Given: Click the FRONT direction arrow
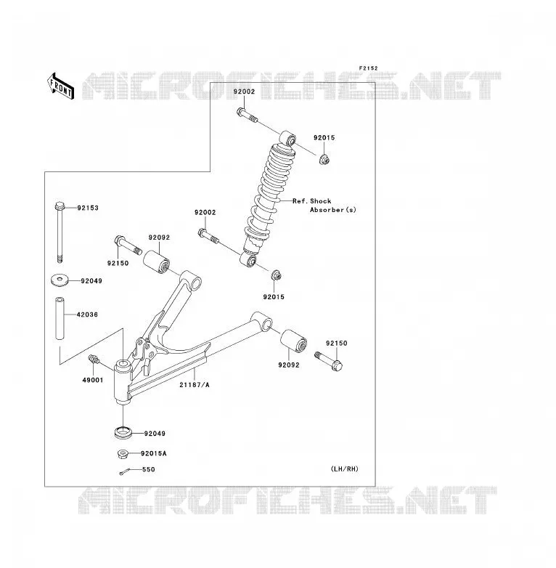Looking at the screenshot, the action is coord(60,86).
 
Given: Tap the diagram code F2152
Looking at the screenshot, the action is coord(368,68).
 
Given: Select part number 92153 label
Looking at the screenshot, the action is coord(88,208).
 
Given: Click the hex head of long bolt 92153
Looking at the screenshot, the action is coord(60,206).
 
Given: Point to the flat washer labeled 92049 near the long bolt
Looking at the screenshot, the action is coord(60,280).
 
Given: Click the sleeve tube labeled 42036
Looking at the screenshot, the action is coord(60,318).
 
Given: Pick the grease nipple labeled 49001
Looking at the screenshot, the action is coord(94,360).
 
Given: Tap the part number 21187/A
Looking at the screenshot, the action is coord(195,385).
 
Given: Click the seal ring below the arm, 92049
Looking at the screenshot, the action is coord(123,432).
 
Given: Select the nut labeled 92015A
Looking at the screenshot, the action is coord(123,454).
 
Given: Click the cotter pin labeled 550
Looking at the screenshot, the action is coord(124,471).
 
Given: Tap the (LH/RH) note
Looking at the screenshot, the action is coord(345,468).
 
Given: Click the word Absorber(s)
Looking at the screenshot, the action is coord(333,210).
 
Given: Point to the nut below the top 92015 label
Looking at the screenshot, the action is coord(324,159).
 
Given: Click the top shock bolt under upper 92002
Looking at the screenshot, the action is coord(248,115).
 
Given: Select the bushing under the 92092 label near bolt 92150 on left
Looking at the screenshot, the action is coord(156,261).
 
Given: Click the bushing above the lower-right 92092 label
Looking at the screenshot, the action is coord(293,341).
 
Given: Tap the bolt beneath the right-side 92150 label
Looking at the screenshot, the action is coord(329,361).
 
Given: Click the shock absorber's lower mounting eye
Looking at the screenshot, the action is coord(248,260).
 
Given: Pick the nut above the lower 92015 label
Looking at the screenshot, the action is coord(277,275).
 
